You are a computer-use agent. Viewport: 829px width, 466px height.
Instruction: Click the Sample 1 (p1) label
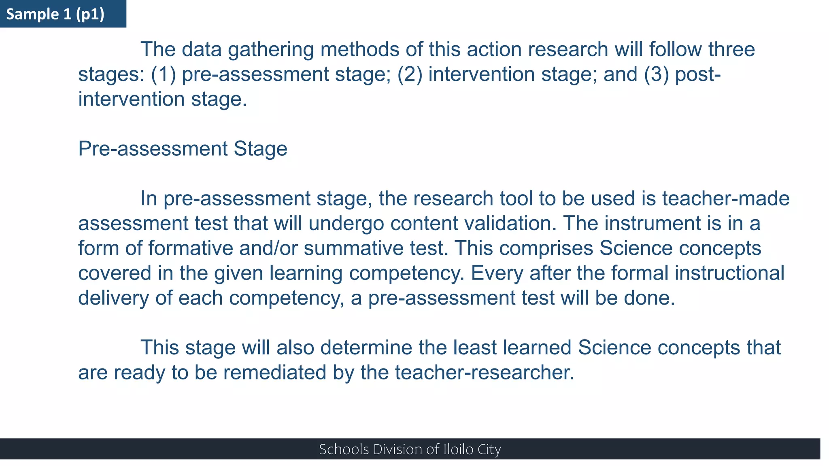[55, 14]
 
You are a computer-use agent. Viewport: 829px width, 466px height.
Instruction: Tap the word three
[731, 50]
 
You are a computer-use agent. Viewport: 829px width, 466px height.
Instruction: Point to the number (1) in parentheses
[164, 74]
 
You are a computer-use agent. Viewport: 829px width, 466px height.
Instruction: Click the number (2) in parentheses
[410, 74]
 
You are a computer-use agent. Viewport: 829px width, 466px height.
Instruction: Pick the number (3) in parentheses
[656, 74]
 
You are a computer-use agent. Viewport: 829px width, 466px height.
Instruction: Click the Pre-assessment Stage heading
[183, 149]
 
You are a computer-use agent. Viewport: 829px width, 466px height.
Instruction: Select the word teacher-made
[726, 199]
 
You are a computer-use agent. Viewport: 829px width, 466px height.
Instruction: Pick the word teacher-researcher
[485, 373]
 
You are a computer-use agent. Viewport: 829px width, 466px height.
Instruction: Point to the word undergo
[346, 224]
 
